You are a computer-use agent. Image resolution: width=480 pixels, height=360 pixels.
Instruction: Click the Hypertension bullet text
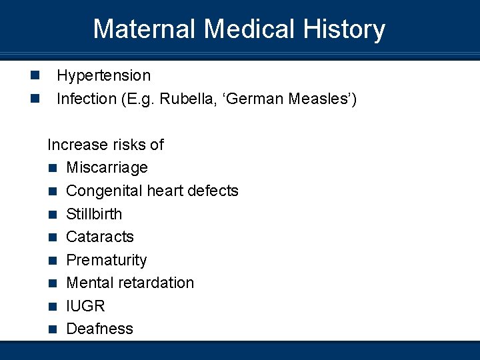point(103,76)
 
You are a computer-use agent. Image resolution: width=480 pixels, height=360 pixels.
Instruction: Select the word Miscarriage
point(107,168)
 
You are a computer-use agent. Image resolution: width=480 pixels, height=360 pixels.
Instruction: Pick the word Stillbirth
point(94,214)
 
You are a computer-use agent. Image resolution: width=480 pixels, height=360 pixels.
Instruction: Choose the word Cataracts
point(100,237)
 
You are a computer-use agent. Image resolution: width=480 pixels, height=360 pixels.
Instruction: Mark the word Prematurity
point(107,260)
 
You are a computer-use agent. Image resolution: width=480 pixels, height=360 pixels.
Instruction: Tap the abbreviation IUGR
point(85,306)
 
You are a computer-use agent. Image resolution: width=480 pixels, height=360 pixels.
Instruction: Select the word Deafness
point(99,329)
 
